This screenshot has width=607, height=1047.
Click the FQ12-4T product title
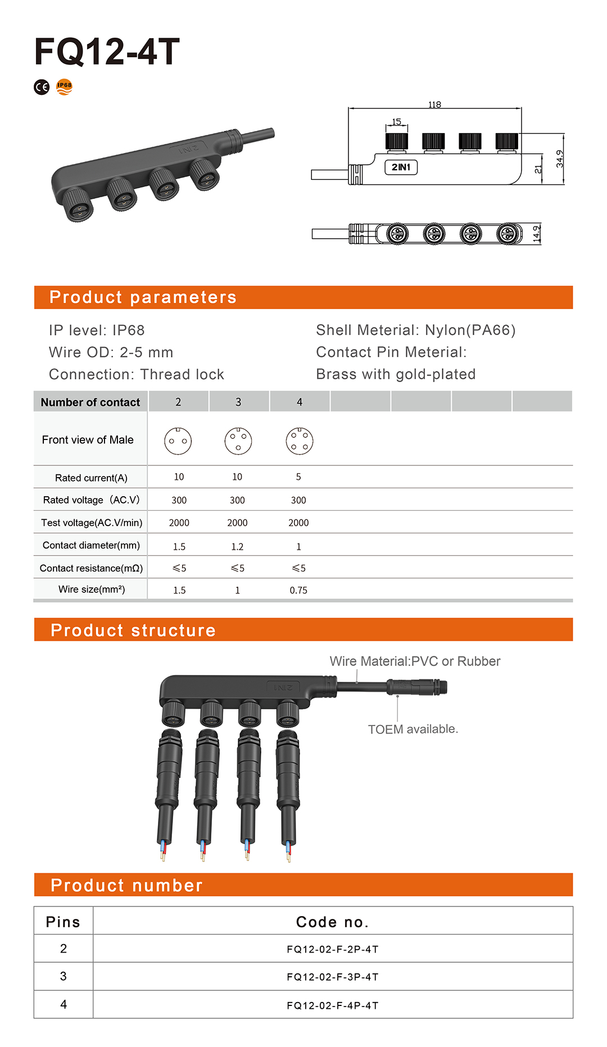point(107,52)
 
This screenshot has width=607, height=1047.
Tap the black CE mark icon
point(42,87)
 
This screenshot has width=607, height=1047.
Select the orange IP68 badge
point(65,87)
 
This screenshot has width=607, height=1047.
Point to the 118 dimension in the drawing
point(434,105)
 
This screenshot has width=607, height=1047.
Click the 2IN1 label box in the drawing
point(401,167)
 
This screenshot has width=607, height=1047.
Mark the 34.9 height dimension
point(559,158)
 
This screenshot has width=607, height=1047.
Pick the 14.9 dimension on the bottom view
point(536,233)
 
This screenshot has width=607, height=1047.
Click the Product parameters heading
point(143,297)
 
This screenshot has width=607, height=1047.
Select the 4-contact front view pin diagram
point(299,441)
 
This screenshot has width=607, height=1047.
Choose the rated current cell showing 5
point(298,477)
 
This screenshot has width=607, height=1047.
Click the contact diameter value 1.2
point(237,546)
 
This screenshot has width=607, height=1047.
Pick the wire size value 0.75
point(298,590)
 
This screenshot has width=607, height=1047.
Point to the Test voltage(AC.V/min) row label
point(92,523)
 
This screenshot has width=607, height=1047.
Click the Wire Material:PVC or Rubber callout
point(415,661)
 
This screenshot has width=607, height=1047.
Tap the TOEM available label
point(413,729)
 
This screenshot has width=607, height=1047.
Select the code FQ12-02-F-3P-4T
point(333,977)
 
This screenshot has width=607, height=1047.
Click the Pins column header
point(63,922)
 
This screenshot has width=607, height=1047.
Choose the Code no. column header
point(332,922)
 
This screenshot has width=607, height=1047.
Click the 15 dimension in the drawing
point(396,122)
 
